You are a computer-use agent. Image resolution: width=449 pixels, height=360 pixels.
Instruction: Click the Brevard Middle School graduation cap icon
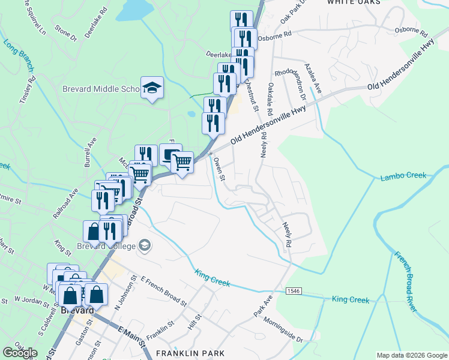[x=152, y=88]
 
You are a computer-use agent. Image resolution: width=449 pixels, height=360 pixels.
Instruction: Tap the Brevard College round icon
[x=144, y=245]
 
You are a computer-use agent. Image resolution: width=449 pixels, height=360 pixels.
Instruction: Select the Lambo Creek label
[x=403, y=176]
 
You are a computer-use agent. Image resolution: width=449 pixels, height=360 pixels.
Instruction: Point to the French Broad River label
[x=406, y=281]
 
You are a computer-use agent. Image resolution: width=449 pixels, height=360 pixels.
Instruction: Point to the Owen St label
[x=219, y=169]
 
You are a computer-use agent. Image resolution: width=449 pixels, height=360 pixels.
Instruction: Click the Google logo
[x=20, y=353]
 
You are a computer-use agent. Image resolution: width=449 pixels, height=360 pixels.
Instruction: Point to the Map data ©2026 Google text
[x=411, y=355]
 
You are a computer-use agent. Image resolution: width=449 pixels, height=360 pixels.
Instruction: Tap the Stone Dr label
[x=66, y=33]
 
